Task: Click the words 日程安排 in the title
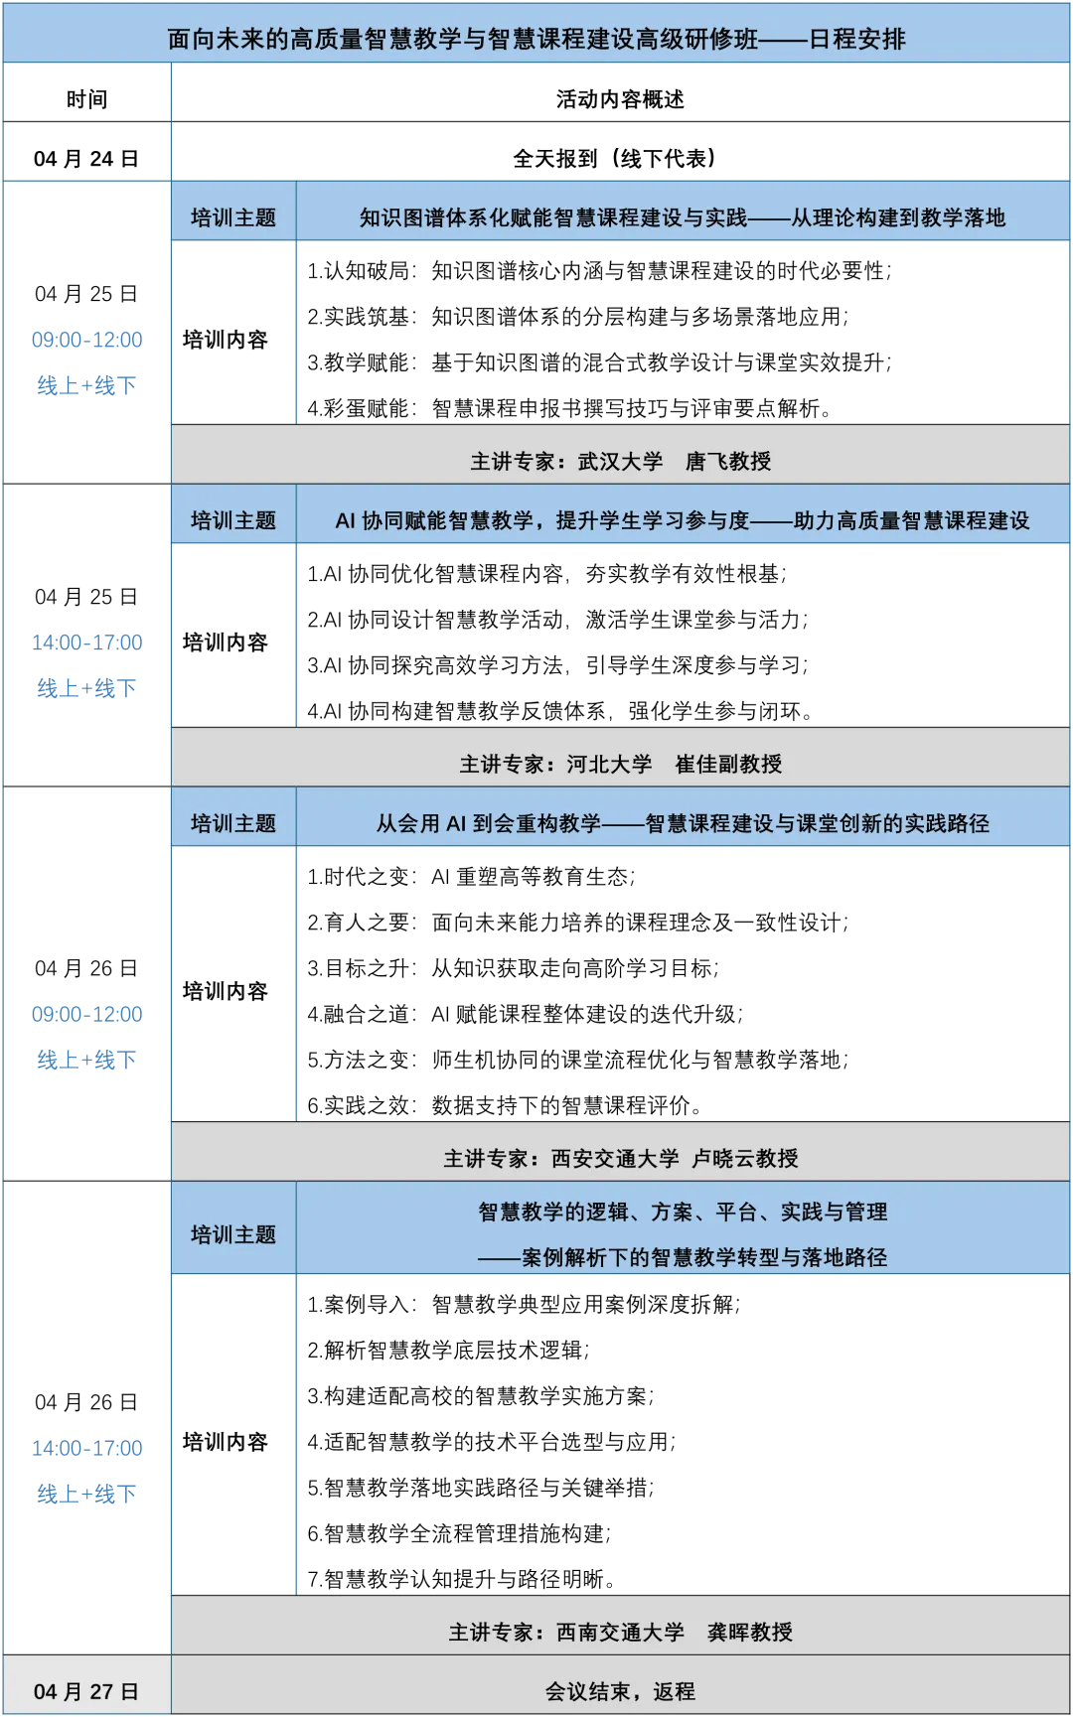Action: pos(856,39)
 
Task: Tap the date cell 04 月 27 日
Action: pos(85,1691)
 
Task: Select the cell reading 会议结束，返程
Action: pos(620,1691)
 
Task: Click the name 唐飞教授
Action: pos(728,461)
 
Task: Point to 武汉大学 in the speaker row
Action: pos(620,461)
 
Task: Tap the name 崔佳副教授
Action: pos(728,764)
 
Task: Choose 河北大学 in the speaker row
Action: pos(609,764)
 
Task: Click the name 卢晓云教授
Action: pos(745,1158)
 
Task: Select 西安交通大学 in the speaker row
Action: pos(615,1158)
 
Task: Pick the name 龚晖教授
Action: pos(750,1632)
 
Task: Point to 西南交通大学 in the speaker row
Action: pos(620,1632)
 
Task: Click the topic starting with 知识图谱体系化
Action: pos(683,217)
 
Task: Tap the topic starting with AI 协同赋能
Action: pos(683,520)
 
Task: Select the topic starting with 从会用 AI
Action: pos(683,823)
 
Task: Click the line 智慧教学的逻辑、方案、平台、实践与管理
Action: pos(683,1212)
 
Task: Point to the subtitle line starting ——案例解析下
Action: pos(683,1257)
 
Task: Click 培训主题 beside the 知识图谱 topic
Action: pos(233,217)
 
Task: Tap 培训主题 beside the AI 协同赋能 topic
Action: pos(233,520)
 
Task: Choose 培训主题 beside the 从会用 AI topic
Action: pos(233,823)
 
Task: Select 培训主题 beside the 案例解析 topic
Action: pos(233,1234)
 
